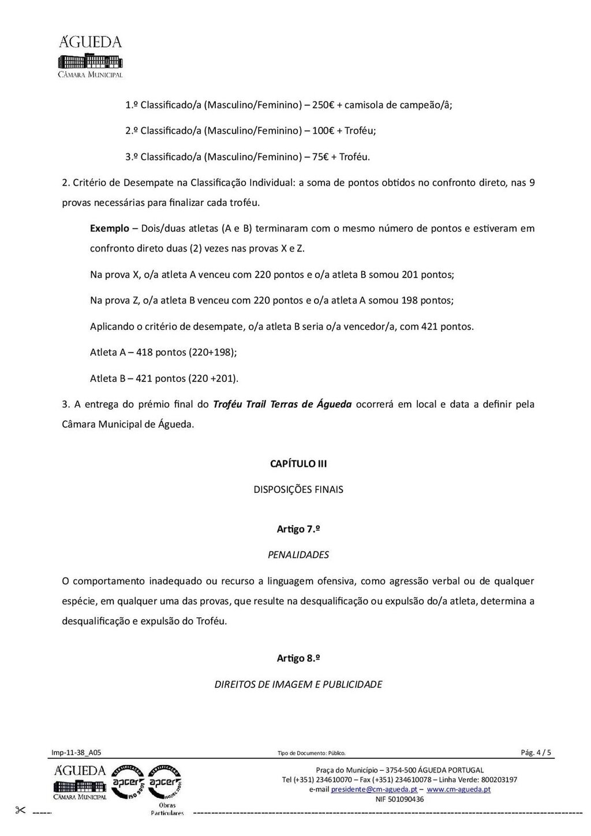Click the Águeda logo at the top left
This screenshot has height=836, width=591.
click(91, 56)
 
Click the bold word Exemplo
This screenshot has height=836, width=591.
click(110, 228)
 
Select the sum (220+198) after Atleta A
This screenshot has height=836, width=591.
click(212, 353)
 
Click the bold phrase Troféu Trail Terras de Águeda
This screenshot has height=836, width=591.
click(282, 404)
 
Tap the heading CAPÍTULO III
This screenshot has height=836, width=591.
click(298, 464)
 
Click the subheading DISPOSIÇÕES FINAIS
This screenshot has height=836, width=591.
click(298, 490)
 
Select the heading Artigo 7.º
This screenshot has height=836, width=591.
click(298, 529)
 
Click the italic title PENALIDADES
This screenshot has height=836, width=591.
click(298, 555)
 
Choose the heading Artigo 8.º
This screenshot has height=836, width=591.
click(298, 658)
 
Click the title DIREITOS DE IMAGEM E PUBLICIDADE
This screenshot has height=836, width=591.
click(298, 685)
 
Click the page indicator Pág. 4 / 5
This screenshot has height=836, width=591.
click(536, 752)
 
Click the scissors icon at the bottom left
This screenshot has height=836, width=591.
click(21, 811)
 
